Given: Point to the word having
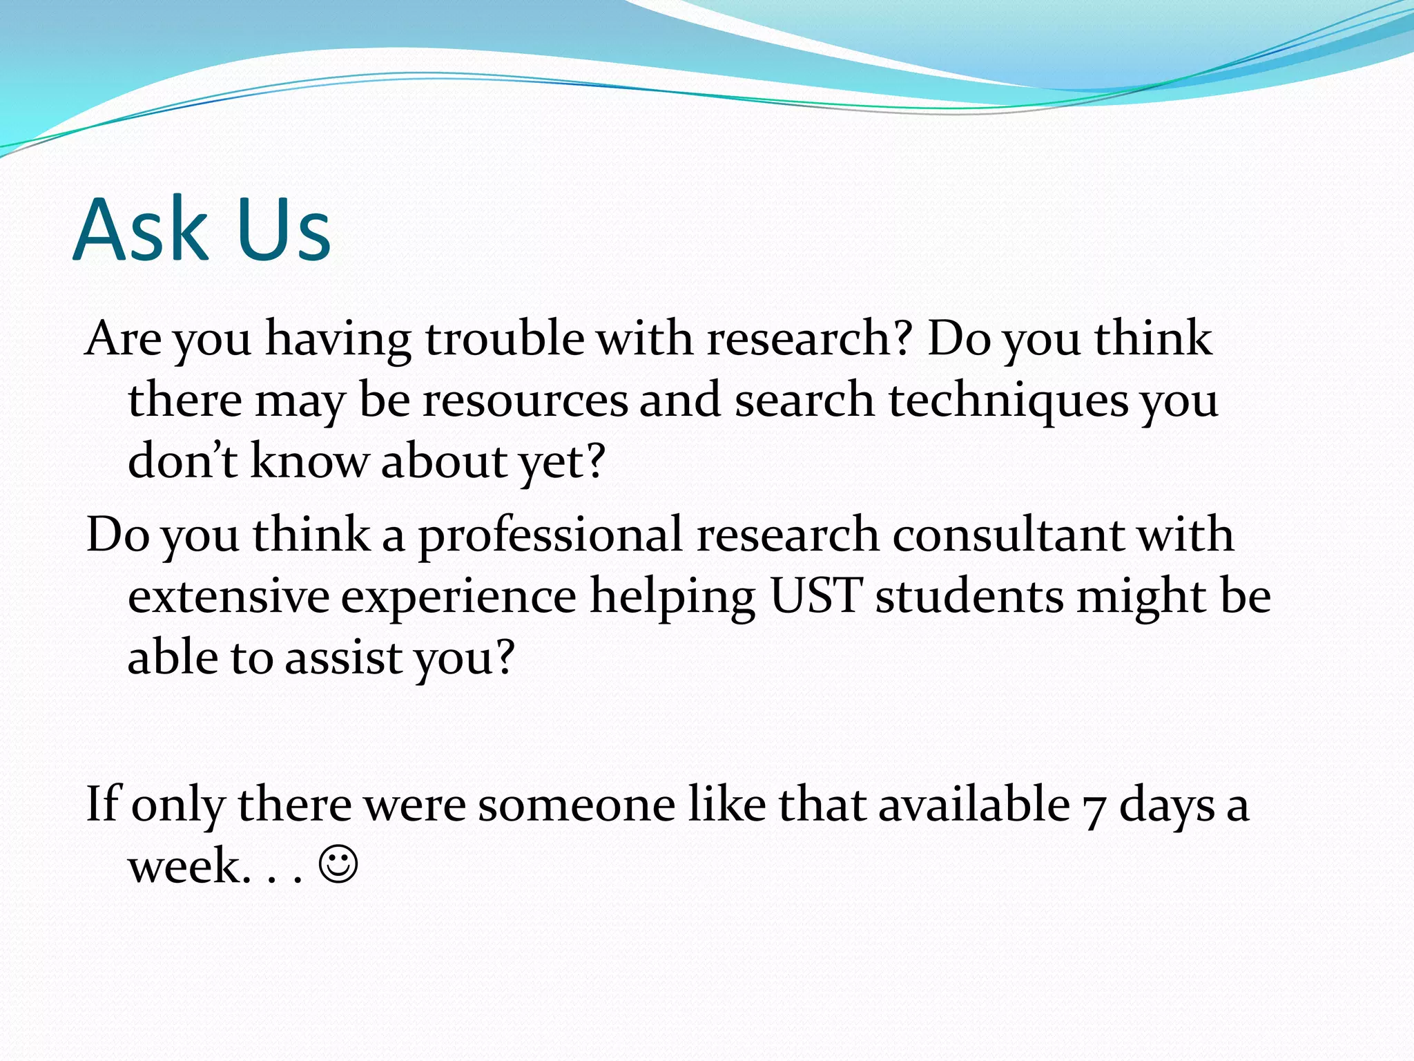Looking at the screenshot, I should pyautogui.click(x=338, y=340).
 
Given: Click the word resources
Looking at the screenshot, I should pyautogui.click(x=525, y=401).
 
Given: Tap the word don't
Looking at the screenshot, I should pyautogui.click(x=183, y=460).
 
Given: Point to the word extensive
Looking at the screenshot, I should pyautogui.click(x=229, y=596).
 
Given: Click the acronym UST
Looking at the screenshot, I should pyautogui.click(x=815, y=595).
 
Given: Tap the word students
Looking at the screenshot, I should pyautogui.click(x=969, y=595).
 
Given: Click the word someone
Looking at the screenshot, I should pyautogui.click(x=577, y=805).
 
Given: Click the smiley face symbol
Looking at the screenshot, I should pyautogui.click(x=338, y=864).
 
